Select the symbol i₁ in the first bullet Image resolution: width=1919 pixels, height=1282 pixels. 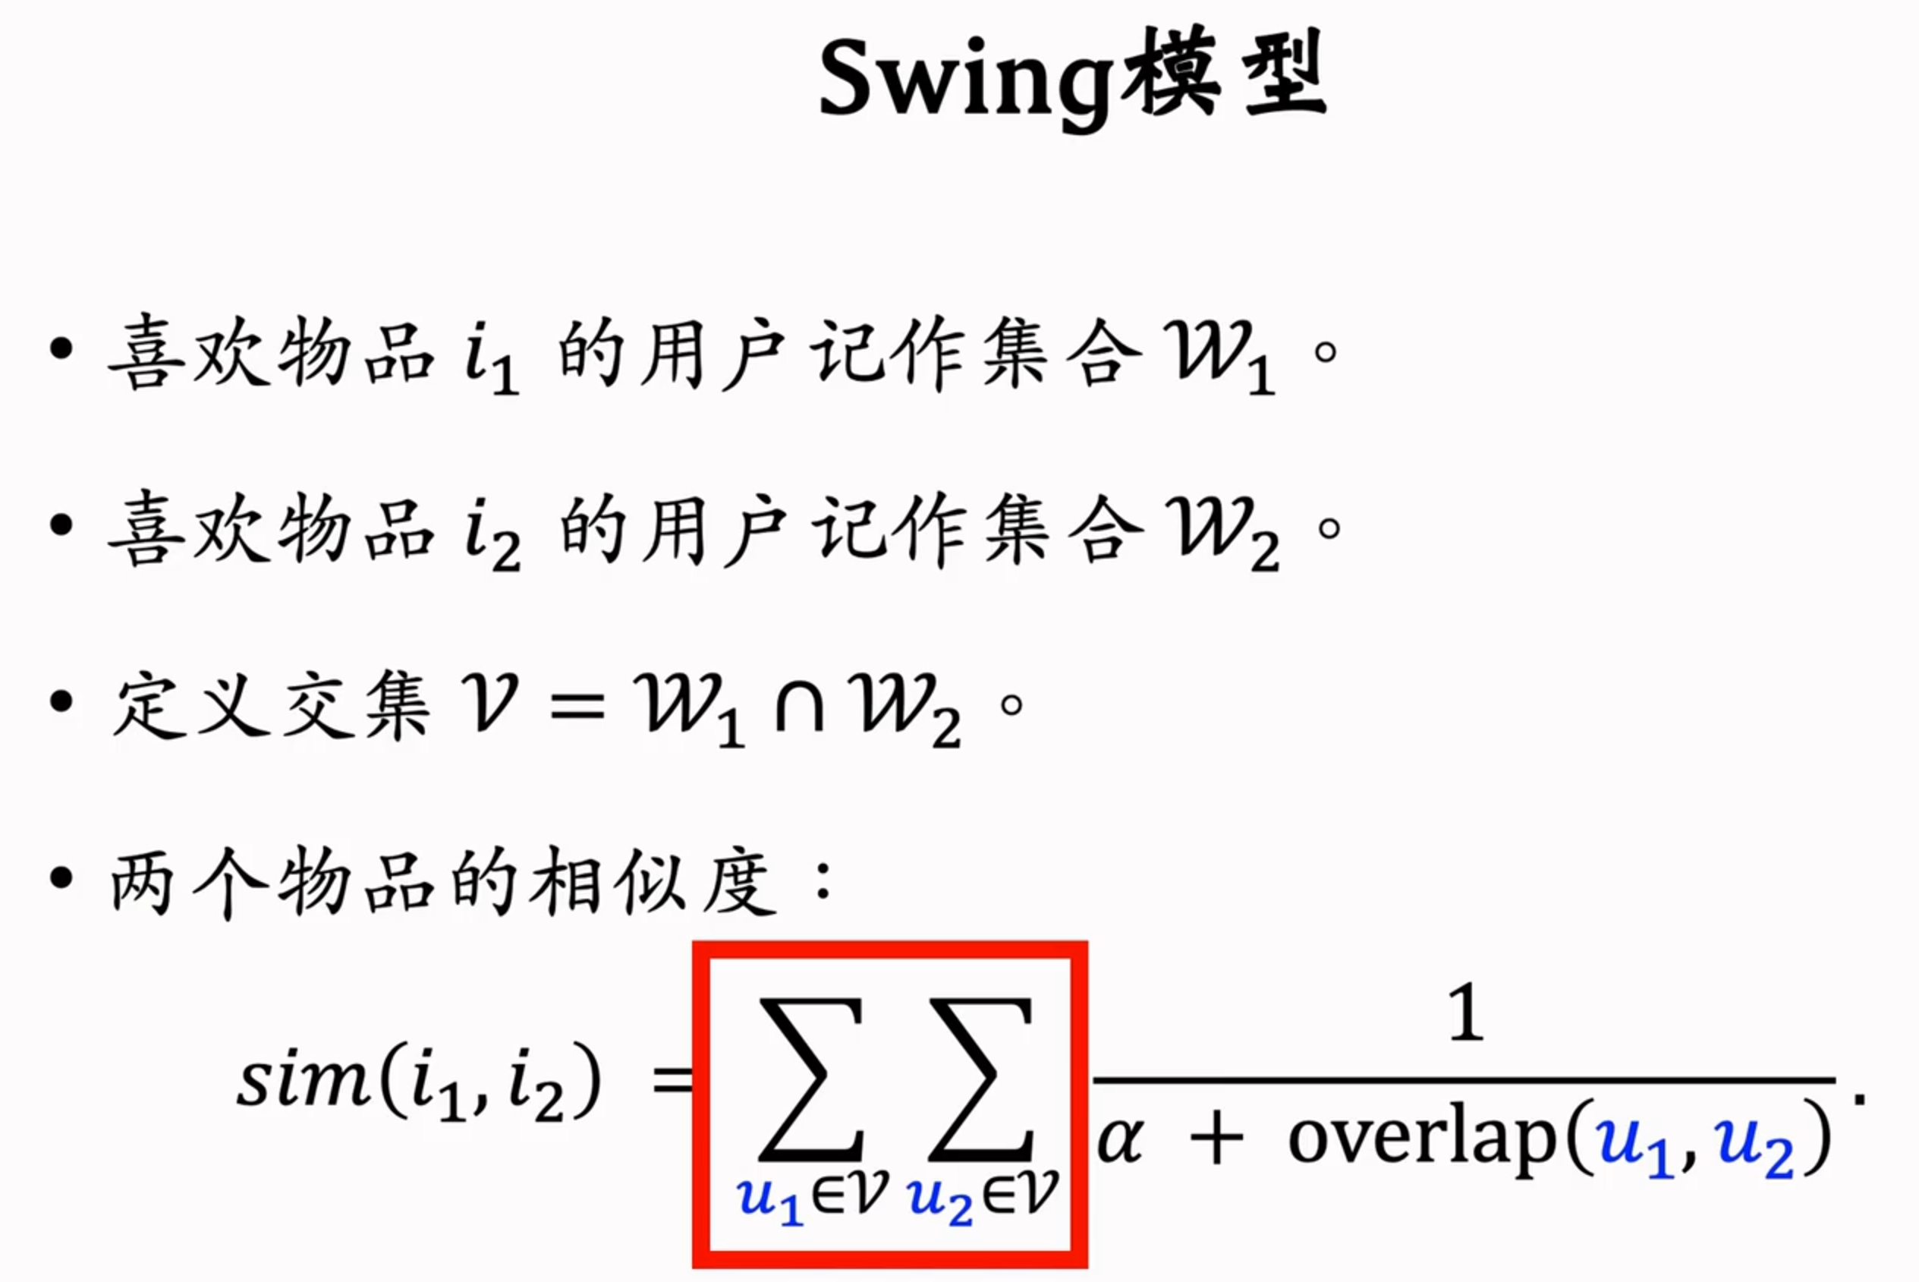(490, 360)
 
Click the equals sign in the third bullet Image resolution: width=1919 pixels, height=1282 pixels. (577, 705)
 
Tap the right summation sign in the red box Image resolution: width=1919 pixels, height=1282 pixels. (981, 1079)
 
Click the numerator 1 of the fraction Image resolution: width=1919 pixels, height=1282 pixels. (1464, 1014)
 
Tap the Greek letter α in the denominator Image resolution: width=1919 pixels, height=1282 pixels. (1120, 1140)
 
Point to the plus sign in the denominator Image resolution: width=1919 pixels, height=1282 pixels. (1216, 1140)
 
